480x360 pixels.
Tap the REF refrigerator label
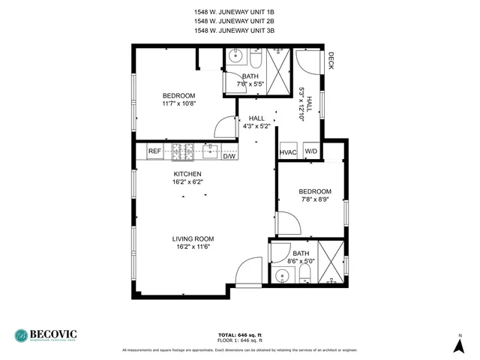(x=154, y=151)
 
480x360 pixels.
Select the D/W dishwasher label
(x=229, y=156)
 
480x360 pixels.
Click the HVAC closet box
(x=289, y=152)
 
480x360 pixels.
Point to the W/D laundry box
(x=310, y=152)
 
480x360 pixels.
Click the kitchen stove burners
(x=182, y=151)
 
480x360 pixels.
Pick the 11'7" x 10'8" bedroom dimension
(x=178, y=104)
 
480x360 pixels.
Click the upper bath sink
(x=235, y=55)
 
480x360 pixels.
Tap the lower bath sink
(x=282, y=275)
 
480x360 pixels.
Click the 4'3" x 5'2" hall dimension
(x=256, y=127)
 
